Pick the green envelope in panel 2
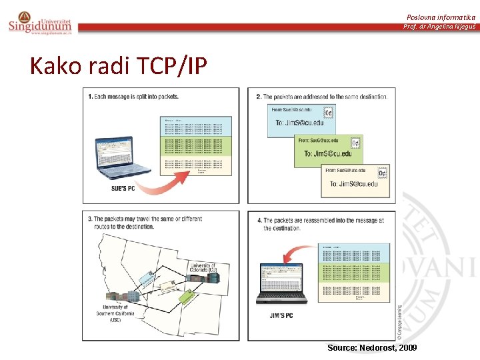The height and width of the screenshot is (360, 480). (x=329, y=148)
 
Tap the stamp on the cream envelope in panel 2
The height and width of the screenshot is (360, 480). (x=382, y=173)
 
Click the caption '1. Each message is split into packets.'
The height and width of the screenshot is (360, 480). (x=133, y=97)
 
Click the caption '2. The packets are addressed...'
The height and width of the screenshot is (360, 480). (x=322, y=97)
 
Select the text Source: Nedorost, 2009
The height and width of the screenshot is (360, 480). (x=372, y=348)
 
